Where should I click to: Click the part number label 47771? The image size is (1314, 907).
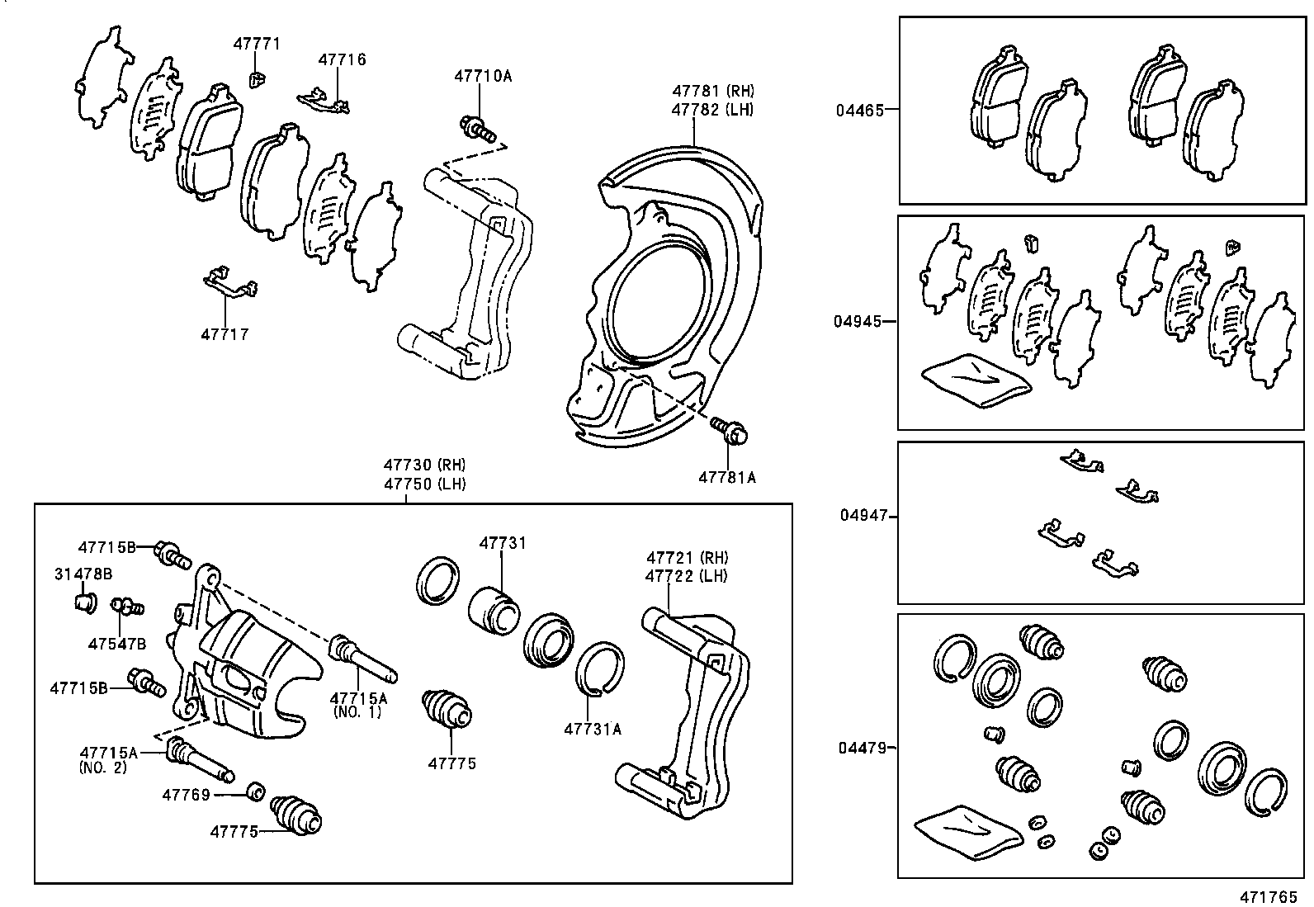(x=256, y=44)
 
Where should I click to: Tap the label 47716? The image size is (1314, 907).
(x=342, y=59)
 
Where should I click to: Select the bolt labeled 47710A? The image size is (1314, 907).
(x=477, y=129)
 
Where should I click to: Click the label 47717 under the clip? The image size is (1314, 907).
(x=225, y=334)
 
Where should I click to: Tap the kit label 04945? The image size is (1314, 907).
(x=858, y=321)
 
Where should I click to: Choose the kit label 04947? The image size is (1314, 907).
(x=864, y=515)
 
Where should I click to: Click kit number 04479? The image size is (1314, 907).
(x=862, y=748)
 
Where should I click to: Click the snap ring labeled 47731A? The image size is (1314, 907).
(x=599, y=668)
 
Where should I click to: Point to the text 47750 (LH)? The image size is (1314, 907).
(x=423, y=484)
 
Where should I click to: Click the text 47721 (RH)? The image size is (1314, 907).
(x=687, y=557)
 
